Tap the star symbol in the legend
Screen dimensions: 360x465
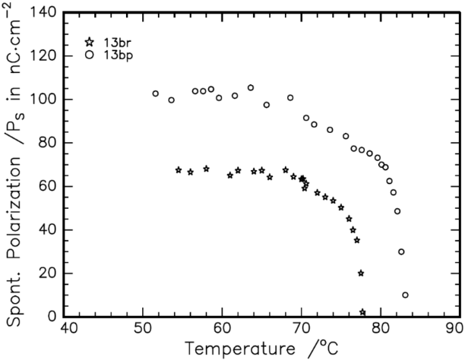tap(90, 43)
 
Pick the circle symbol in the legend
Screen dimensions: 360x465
tap(90, 55)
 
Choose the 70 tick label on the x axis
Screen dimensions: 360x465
tap(300, 330)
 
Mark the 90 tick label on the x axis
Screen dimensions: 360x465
tap(455, 330)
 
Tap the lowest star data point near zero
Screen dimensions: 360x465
tap(362, 312)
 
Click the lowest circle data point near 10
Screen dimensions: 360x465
tap(405, 295)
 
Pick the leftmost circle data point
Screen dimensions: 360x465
tap(156, 93)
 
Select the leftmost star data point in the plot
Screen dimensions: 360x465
tap(179, 170)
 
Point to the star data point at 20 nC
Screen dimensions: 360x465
tap(361, 273)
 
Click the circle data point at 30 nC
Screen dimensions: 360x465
tap(401, 251)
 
